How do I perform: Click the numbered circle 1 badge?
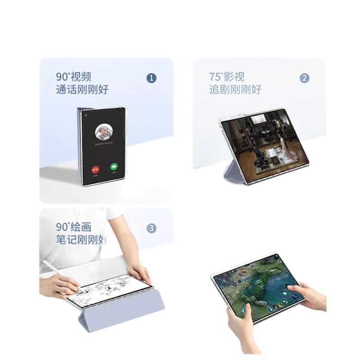pos(152,78)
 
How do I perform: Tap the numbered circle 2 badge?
pos(305,78)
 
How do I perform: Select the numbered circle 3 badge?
pos(152,228)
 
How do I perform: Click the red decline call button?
pos(95,169)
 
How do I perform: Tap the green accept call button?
pos(114,167)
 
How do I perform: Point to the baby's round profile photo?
pos(104,132)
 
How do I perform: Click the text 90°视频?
pos(71,76)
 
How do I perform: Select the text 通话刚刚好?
pos(82,90)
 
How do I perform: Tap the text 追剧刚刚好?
pos(235,90)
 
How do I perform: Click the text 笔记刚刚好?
pos(81,239)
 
